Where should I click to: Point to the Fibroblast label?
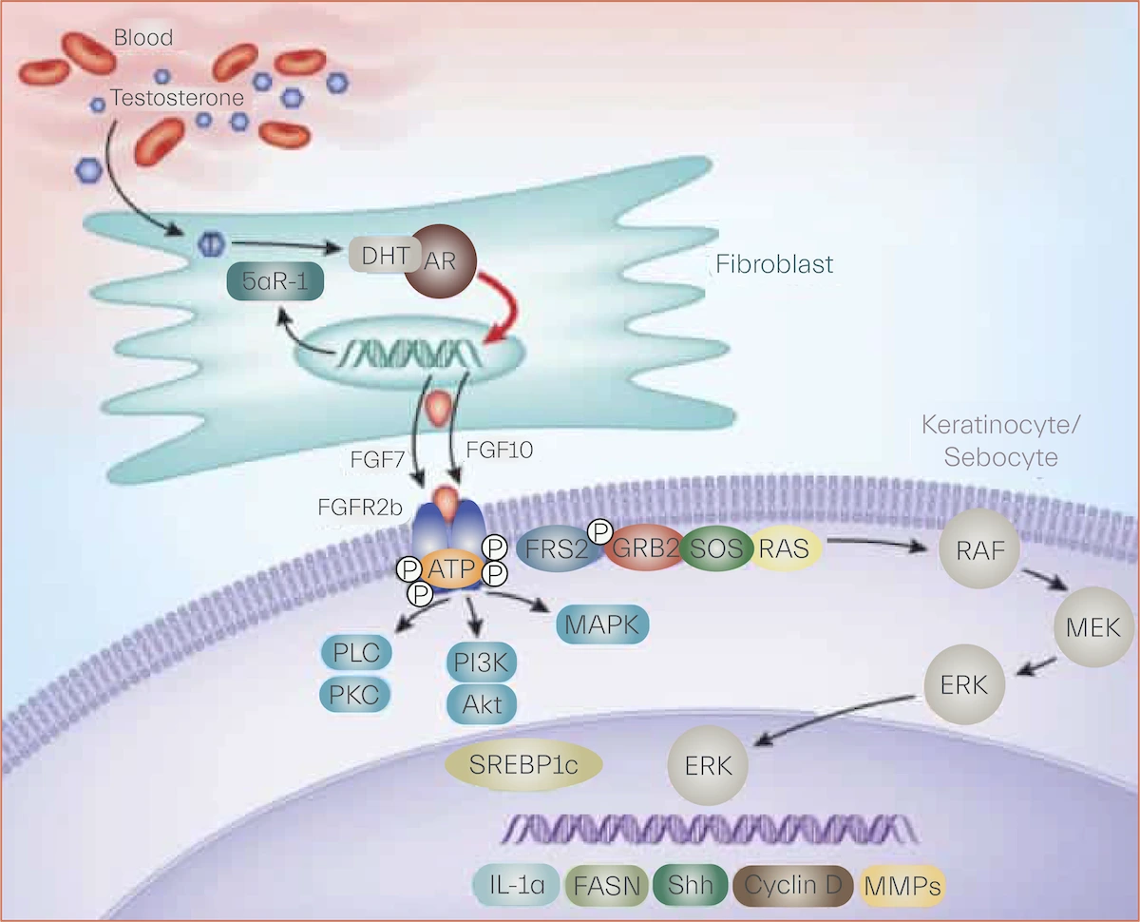tap(775, 262)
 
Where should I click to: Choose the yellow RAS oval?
tap(785, 548)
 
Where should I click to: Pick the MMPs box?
tap(902, 887)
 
